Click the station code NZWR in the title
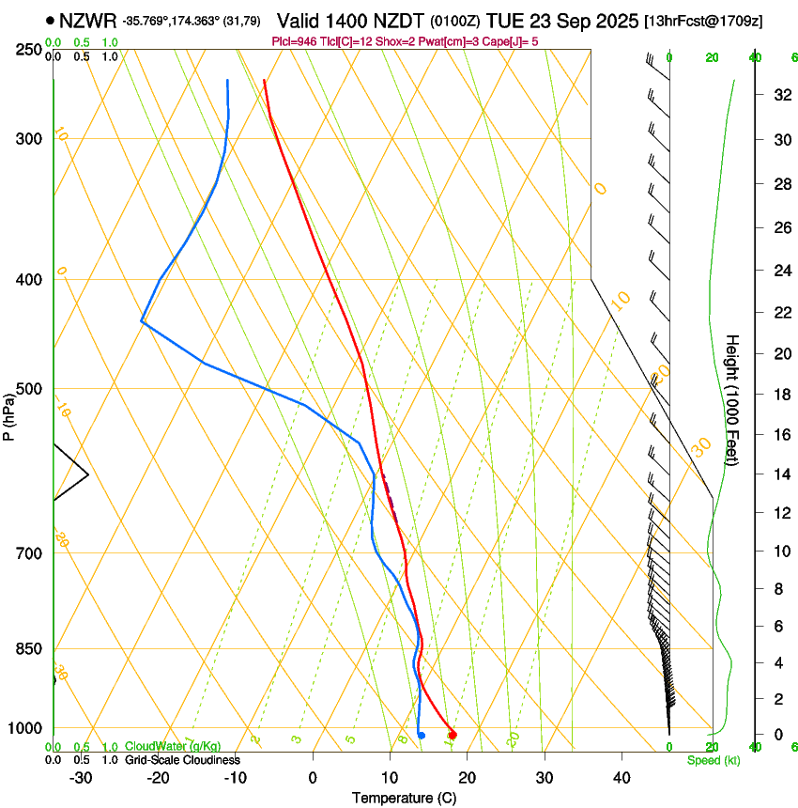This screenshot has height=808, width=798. click(87, 20)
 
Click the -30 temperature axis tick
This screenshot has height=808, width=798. click(81, 778)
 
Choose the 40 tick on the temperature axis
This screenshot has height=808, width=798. click(621, 778)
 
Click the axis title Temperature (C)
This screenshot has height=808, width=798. click(404, 798)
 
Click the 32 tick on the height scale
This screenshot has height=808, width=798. click(779, 95)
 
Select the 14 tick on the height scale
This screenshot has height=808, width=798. click(779, 474)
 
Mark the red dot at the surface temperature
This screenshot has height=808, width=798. click(453, 735)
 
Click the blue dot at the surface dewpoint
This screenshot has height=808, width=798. click(422, 735)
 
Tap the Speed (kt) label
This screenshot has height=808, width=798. click(713, 760)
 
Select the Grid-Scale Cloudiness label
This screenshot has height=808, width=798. click(182, 760)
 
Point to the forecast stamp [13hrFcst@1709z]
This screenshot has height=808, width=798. click(717, 21)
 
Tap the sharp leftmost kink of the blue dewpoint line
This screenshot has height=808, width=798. click(141, 321)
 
